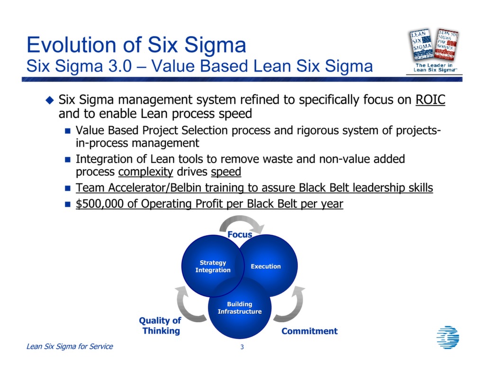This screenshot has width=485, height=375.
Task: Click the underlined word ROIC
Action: tap(430, 101)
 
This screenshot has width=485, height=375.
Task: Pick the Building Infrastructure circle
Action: tap(240, 308)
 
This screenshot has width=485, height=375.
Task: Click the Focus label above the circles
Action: tap(240, 234)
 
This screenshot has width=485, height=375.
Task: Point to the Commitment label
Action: tap(309, 331)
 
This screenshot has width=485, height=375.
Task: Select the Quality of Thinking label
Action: tap(161, 326)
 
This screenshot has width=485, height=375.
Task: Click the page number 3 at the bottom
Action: tap(242, 348)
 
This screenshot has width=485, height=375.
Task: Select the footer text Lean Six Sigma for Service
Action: tap(70, 347)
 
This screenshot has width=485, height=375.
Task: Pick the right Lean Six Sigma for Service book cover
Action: tap(447, 44)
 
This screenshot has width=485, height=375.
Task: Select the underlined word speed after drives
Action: tap(226, 172)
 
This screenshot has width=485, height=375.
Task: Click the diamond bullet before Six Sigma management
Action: tap(49, 100)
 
